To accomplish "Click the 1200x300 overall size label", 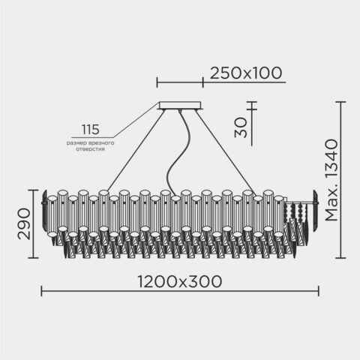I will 180,281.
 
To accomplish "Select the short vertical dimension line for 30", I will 253,124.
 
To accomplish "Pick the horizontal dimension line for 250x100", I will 180,82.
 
